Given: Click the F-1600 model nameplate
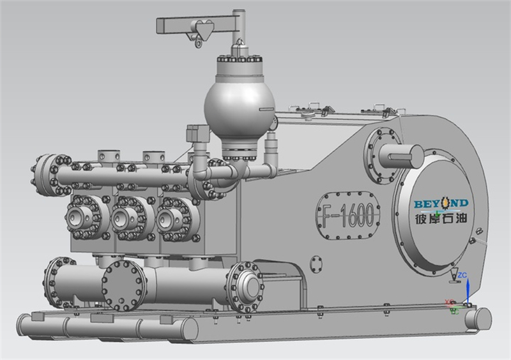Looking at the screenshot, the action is click(x=348, y=216).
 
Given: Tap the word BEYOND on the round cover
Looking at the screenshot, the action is click(x=441, y=204).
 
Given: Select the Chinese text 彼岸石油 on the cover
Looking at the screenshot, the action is click(x=441, y=218).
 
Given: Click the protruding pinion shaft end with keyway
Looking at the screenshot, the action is click(x=401, y=156).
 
